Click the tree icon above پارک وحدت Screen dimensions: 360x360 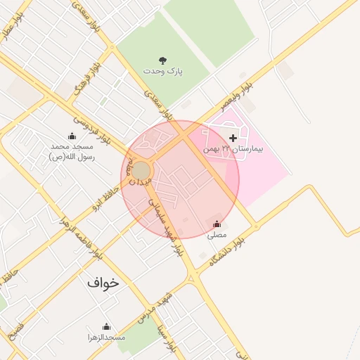click(x=163, y=60)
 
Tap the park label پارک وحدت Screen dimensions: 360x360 click(x=163, y=72)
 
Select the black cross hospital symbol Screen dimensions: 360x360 click(x=233, y=138)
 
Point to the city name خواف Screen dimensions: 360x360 click(x=103, y=283)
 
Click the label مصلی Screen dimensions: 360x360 click(x=217, y=237)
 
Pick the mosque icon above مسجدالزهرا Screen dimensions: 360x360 click(x=106, y=326)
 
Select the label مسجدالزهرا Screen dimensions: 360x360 click(x=106, y=338)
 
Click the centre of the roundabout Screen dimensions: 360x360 click(x=141, y=171)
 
